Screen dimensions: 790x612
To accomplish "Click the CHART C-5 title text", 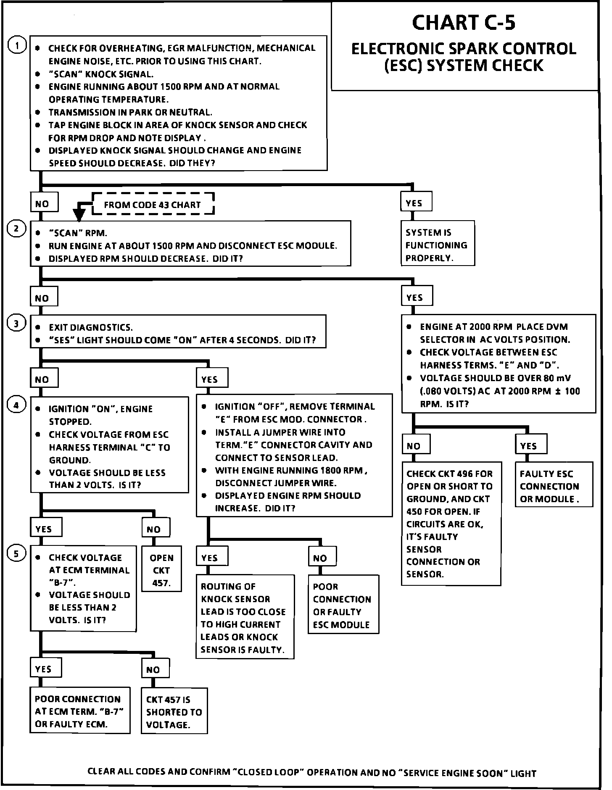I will click(464, 23).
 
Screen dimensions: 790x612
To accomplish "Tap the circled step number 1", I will click(17, 45).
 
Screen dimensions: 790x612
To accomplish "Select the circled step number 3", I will click(16, 323).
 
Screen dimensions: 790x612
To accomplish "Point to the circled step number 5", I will click(16, 554).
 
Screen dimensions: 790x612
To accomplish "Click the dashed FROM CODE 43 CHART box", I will click(153, 205).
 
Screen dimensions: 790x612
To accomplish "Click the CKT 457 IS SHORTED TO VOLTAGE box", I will click(174, 712).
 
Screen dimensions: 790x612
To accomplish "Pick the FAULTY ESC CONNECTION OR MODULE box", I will click(554, 486).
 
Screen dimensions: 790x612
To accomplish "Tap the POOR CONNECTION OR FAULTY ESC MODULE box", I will click(343, 606).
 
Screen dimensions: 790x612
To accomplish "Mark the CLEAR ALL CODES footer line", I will click(311, 772).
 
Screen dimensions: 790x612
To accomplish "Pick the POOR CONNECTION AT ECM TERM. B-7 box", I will click(80, 711).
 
